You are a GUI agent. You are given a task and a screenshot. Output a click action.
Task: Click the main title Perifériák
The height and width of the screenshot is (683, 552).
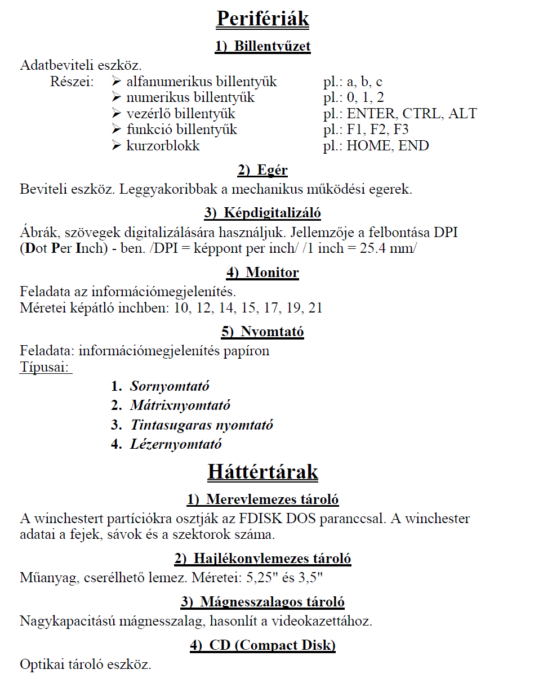[262, 19]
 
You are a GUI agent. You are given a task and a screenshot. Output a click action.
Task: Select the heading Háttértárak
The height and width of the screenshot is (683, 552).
[262, 471]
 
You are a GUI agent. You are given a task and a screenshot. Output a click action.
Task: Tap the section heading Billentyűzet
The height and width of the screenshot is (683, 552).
[272, 46]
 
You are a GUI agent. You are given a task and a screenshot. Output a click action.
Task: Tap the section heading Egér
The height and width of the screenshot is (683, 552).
[272, 170]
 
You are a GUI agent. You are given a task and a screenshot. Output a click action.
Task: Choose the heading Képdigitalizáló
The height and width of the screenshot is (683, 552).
[272, 213]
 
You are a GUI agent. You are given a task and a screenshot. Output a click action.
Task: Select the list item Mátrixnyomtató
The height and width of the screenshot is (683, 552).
[180, 405]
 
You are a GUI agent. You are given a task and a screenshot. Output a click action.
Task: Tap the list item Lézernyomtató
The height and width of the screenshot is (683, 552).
[176, 444]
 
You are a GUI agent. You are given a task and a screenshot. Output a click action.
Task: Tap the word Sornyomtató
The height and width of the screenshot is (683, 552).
[170, 386]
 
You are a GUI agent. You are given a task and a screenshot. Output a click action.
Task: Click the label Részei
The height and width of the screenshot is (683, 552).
[72, 82]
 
